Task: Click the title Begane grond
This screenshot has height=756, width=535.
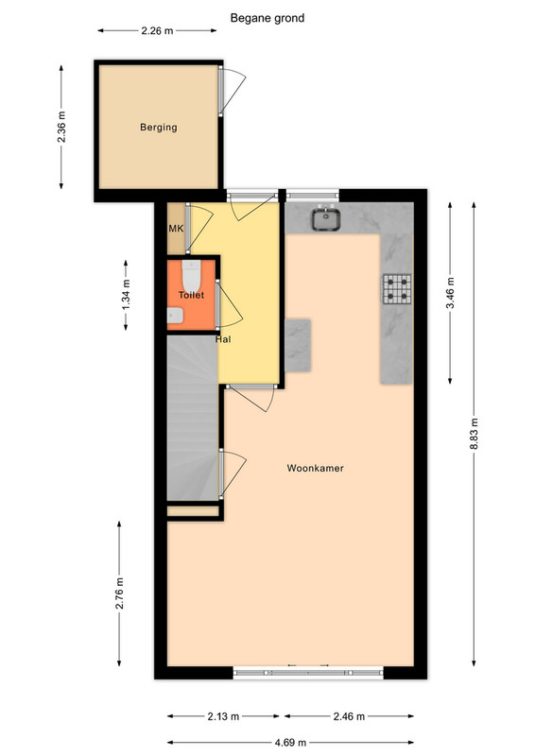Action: tap(267, 18)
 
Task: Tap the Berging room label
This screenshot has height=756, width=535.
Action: tap(159, 128)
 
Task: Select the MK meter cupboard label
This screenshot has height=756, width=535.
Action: tap(176, 228)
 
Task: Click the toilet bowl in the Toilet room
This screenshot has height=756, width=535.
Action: tap(192, 275)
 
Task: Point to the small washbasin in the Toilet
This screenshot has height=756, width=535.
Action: tap(175, 316)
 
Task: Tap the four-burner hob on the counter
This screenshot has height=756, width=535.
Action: tap(397, 289)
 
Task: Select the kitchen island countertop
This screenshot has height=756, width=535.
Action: tap(297, 345)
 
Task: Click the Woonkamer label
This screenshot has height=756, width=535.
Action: tap(315, 468)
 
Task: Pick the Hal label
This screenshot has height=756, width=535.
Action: tap(223, 339)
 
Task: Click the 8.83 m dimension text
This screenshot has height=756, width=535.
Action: tap(475, 434)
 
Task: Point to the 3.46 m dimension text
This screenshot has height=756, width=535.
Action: tap(450, 293)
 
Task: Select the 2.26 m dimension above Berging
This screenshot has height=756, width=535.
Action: tap(157, 31)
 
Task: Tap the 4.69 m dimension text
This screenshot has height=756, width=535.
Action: tap(290, 742)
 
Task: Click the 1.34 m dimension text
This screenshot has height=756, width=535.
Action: tap(126, 295)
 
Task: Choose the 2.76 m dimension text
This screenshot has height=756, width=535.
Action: tap(120, 593)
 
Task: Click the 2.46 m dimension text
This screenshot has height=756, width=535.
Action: tap(349, 716)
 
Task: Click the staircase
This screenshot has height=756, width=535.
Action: tap(193, 418)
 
